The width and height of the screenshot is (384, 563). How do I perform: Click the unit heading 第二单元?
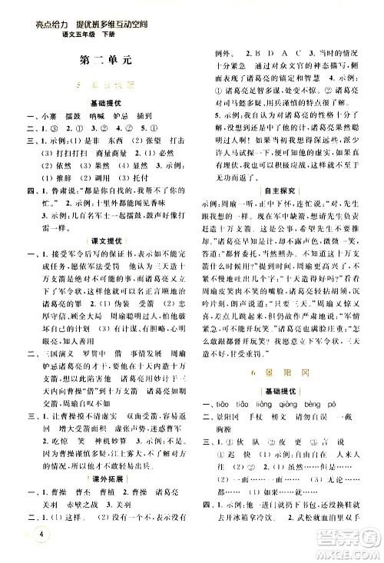[x=98, y=58]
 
